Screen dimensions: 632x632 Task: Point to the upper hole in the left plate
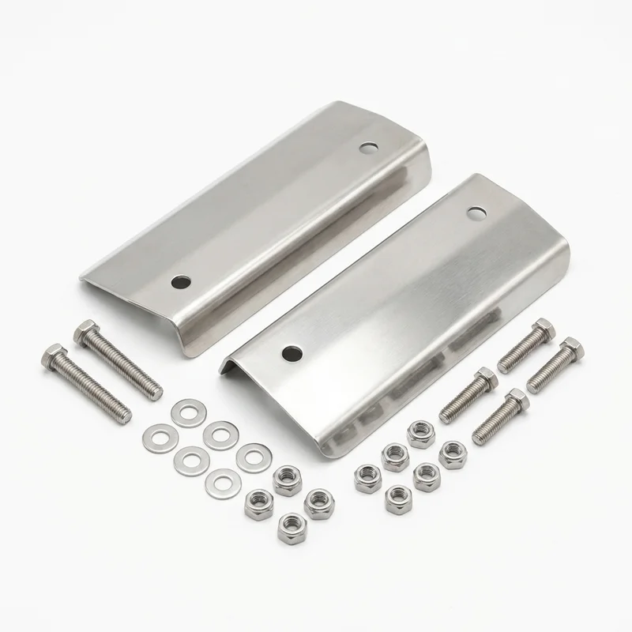(367, 147)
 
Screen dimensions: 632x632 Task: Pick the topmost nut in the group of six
(418, 432)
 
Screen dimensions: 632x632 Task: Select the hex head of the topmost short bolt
(543, 328)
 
